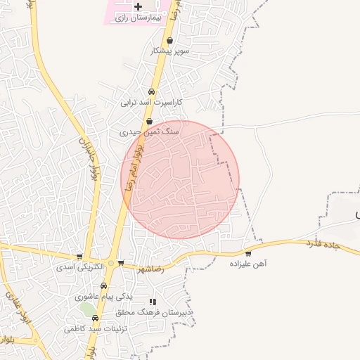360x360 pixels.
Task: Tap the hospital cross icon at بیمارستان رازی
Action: pyautogui.click(x=147, y=6)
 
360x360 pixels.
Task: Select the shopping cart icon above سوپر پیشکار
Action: pyautogui.click(x=170, y=41)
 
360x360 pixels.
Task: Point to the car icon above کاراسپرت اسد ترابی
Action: pyautogui.click(x=151, y=92)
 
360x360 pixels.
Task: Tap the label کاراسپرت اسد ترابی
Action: pyautogui.click(x=151, y=103)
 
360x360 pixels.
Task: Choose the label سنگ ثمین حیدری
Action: pyautogui.click(x=149, y=131)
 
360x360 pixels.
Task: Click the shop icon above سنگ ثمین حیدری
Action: pyautogui.click(x=149, y=121)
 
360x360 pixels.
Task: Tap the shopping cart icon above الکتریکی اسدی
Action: pyautogui.click(x=79, y=257)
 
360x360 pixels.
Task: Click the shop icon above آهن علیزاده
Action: pyautogui.click(x=248, y=253)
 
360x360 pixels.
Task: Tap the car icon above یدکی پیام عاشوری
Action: pyautogui.click(x=104, y=286)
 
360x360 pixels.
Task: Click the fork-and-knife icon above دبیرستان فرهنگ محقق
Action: pyautogui.click(x=153, y=302)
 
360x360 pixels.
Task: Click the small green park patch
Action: pyautogui.click(x=86, y=309)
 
